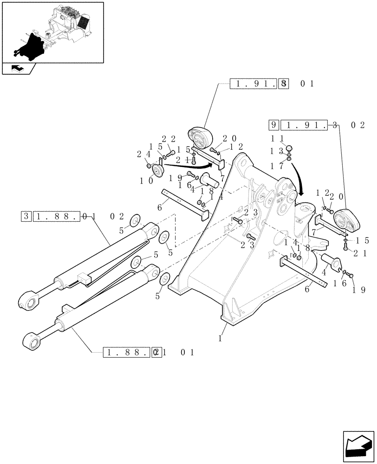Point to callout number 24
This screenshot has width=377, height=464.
[x=142, y=154]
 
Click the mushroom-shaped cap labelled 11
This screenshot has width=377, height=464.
[x=289, y=148]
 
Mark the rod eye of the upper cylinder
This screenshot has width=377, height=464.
[x=29, y=302]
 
